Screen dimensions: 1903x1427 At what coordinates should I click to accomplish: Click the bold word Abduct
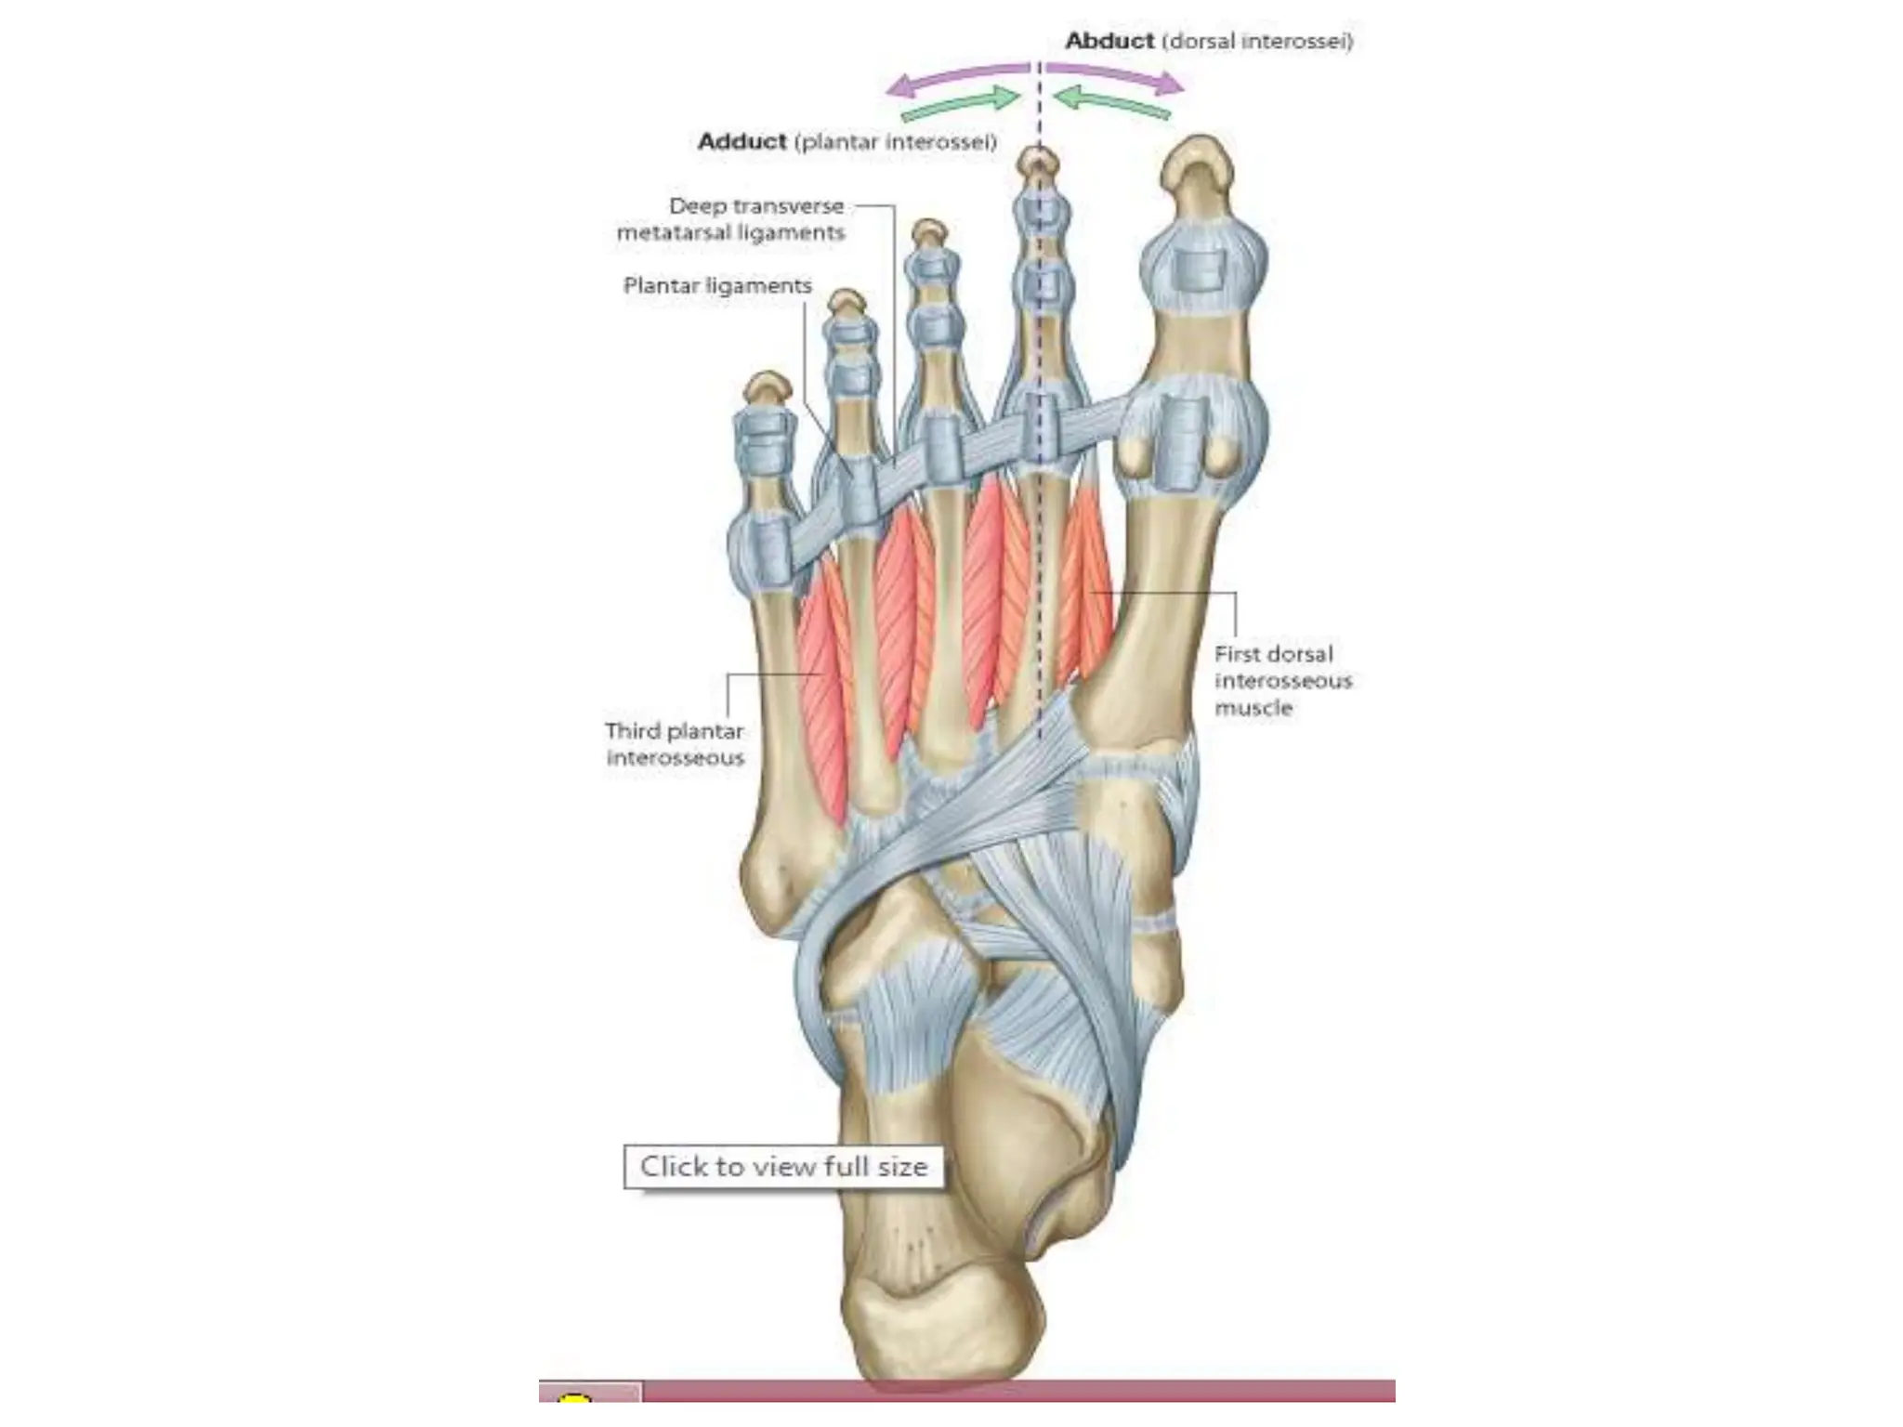point(1109,41)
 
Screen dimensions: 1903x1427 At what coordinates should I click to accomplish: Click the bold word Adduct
point(742,142)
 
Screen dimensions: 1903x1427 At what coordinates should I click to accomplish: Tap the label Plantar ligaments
point(717,286)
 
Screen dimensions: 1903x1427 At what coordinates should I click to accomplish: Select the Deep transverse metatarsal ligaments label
point(731,219)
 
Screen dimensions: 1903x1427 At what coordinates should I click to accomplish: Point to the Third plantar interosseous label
point(676,744)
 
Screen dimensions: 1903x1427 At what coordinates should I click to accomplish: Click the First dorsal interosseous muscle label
point(1282,681)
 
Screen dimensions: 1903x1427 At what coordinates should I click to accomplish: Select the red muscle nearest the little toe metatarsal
point(822,687)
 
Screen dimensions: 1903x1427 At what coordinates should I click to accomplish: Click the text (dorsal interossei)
point(1257,41)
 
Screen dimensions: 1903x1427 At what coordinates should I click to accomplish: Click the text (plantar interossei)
point(895,142)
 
